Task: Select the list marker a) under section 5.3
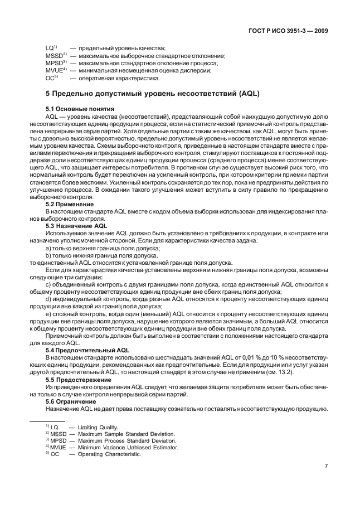click(48, 247)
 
